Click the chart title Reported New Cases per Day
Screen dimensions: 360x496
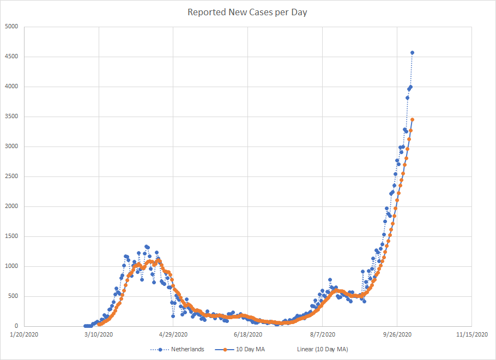click(247, 12)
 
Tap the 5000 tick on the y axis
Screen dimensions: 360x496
click(11, 27)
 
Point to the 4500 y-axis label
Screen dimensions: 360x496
click(11, 57)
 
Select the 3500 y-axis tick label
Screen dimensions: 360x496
click(11, 117)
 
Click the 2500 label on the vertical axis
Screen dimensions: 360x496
click(11, 176)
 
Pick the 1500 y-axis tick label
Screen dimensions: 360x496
click(11, 236)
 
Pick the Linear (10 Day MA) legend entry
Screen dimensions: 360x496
click(322, 349)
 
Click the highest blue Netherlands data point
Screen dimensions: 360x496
click(413, 53)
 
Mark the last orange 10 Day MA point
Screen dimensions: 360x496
click(413, 119)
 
